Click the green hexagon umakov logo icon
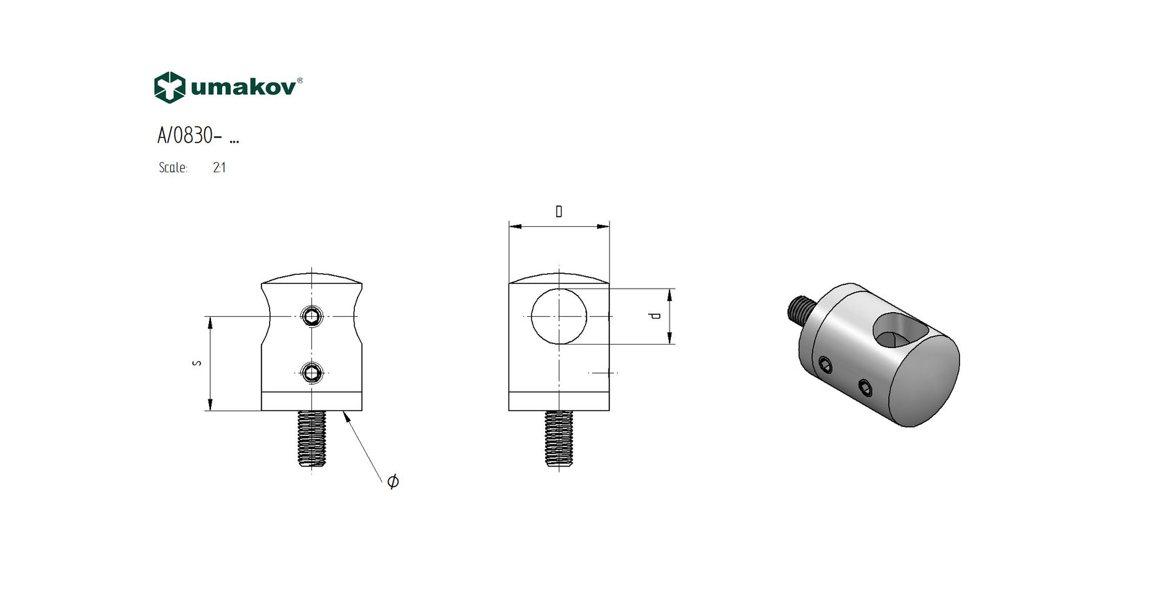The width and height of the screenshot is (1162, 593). (169, 87)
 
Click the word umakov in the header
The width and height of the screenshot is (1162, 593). (243, 87)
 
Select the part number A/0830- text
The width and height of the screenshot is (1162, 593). (190, 136)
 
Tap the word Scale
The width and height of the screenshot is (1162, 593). (173, 167)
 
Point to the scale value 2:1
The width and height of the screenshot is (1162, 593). (219, 167)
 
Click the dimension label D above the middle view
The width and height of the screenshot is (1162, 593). (559, 211)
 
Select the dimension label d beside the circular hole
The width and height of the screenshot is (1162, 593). (655, 316)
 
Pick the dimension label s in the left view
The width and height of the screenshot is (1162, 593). (196, 363)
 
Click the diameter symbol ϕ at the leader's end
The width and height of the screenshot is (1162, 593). (393, 481)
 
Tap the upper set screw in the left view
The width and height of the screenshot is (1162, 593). (312, 316)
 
